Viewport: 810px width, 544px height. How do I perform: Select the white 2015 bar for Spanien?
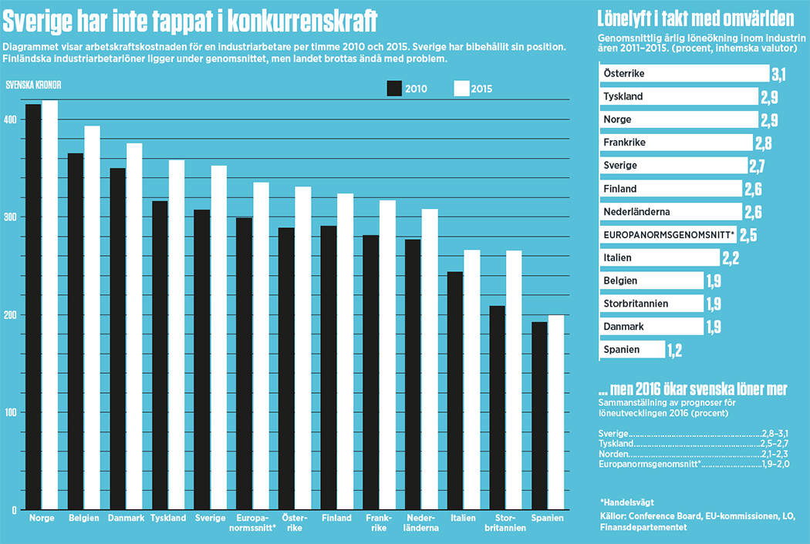pyautogui.click(x=555, y=412)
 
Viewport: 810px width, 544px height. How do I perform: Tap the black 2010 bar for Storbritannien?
pyautogui.click(x=498, y=408)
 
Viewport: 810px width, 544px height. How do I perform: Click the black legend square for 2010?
pyautogui.click(x=395, y=89)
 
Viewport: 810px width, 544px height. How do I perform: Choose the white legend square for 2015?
pyautogui.click(x=461, y=89)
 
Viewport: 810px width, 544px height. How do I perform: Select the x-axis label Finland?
pyautogui.click(x=336, y=519)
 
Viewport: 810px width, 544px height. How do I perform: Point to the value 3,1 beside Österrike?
pyautogui.click(x=779, y=74)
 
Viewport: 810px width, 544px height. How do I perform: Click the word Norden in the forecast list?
pyautogui.click(x=613, y=454)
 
